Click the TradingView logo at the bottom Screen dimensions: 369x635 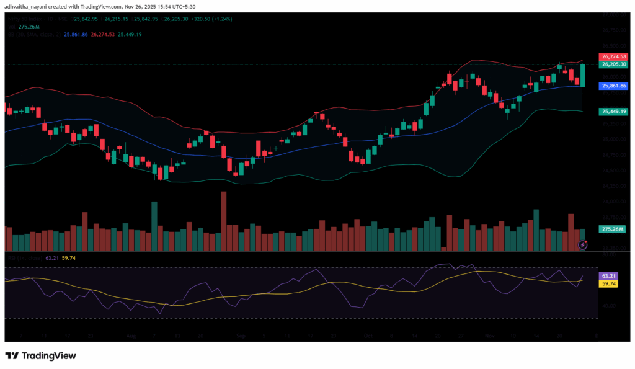(x=41, y=356)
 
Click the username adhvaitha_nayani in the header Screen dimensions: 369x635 (x=30, y=6)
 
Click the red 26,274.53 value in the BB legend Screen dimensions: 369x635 (x=103, y=35)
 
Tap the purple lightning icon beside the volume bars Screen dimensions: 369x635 (x=583, y=245)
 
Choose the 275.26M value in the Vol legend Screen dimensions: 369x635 (x=28, y=27)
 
